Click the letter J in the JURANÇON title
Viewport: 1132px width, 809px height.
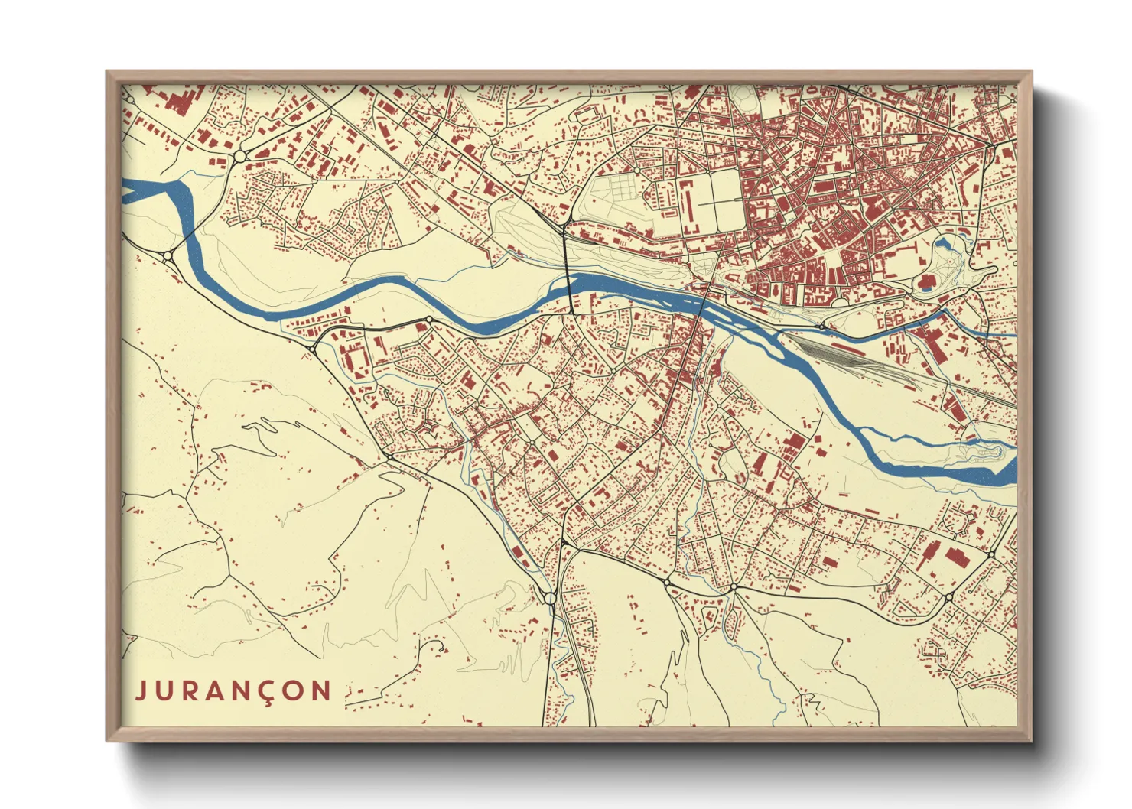click(141, 691)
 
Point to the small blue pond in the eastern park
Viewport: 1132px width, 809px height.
click(942, 245)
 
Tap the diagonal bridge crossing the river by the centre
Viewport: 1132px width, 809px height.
click(703, 302)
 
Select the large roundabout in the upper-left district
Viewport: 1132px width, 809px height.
click(239, 155)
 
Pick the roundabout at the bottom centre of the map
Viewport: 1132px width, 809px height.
click(550, 596)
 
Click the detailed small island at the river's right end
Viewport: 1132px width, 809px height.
click(983, 453)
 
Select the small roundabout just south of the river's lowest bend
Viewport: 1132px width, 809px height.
click(428, 320)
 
